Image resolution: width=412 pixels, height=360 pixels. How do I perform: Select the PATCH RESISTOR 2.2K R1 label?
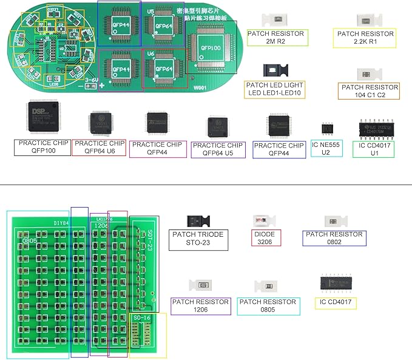(x=365, y=38)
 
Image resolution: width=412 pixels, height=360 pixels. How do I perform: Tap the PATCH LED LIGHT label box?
(x=274, y=89)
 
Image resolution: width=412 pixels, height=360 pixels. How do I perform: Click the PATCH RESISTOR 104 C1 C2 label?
(x=369, y=91)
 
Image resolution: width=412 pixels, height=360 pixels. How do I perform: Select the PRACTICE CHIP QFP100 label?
(x=41, y=147)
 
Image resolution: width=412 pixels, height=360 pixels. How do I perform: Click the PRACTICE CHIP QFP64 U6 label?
(x=99, y=148)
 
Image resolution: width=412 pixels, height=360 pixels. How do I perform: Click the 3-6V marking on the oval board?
(x=92, y=79)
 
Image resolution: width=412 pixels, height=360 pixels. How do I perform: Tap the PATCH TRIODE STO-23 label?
(x=198, y=239)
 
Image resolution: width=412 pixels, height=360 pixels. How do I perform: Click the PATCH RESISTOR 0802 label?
(x=334, y=237)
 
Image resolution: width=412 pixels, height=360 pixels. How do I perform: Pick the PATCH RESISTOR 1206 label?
(x=201, y=305)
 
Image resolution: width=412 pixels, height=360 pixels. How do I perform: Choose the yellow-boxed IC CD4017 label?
(x=335, y=303)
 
